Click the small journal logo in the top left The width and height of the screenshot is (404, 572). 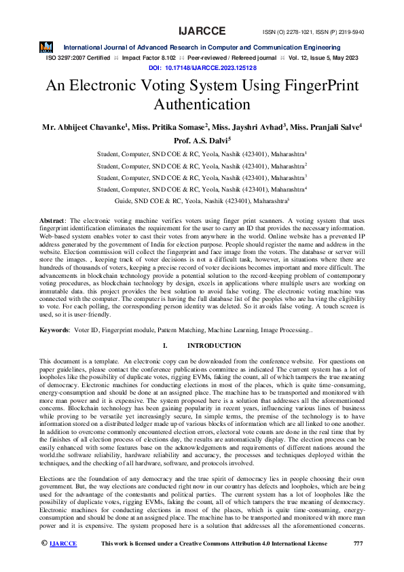pyautogui.click(x=45, y=46)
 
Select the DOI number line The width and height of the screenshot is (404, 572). pyautogui.click(x=202, y=68)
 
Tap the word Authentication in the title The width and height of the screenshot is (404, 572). pyautogui.click(x=202, y=105)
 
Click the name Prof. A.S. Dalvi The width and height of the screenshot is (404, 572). pyautogui.click(x=202, y=141)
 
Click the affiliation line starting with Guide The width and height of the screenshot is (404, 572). pyautogui.click(x=202, y=201)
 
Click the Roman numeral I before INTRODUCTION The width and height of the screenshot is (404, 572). pyautogui.click(x=166, y=346)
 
